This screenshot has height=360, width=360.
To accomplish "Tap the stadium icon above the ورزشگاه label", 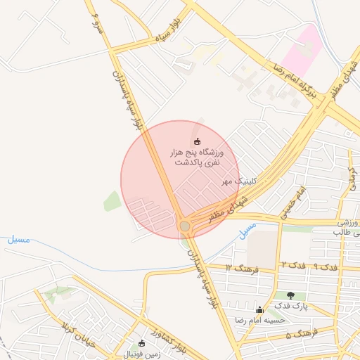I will [197, 141].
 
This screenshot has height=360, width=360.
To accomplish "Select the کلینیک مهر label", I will [240, 181].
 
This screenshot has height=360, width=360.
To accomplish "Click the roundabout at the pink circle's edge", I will [185, 226].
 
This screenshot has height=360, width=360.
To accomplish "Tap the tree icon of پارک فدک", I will [290, 295].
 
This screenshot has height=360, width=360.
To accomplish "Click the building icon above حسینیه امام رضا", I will [260, 309].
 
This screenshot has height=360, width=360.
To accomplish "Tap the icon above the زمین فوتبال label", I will [142, 342].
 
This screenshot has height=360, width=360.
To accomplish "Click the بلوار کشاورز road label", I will [167, 331].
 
